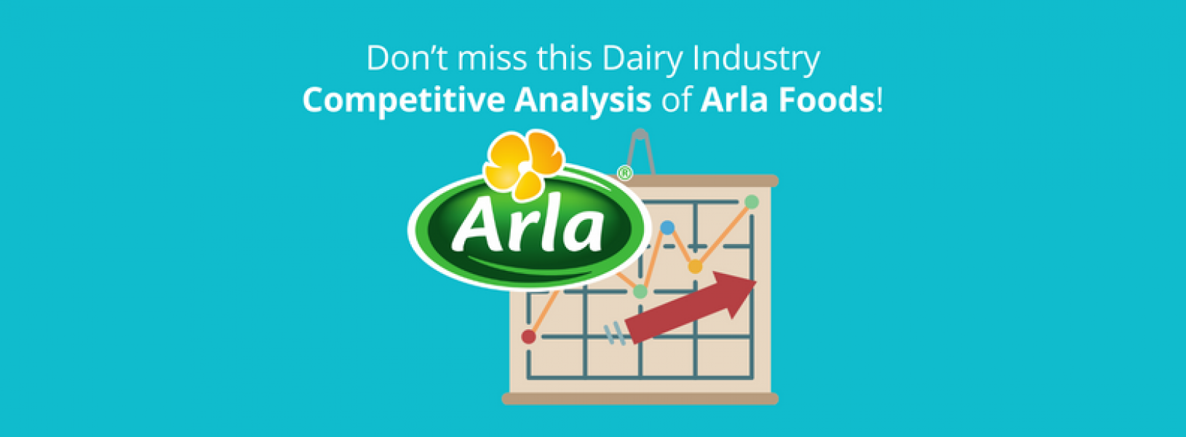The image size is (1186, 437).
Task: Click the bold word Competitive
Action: pos(403,101)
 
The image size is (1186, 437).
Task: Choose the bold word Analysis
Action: pos(582,101)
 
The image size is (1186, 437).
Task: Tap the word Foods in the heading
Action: pos(827,100)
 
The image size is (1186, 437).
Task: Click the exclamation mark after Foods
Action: pos(880,100)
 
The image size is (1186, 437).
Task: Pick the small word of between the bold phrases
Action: pos(675,100)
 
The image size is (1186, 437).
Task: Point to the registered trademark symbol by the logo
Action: pos(624,173)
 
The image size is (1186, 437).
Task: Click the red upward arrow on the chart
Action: pos(691,306)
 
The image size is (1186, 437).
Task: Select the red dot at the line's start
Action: pos(529,336)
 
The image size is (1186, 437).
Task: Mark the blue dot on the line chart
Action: pos(667,228)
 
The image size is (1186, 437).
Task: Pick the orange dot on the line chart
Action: pos(695,267)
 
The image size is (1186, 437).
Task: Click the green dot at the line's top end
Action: pos(752,202)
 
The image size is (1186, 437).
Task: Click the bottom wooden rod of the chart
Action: pos(640,398)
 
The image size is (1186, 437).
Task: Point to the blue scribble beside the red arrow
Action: pos(616,333)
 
